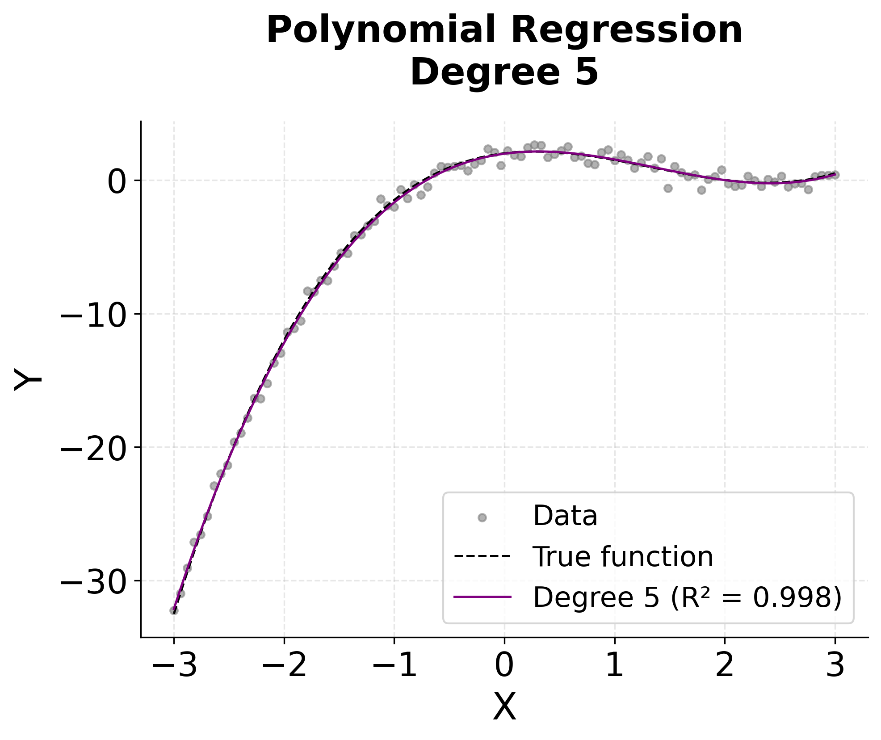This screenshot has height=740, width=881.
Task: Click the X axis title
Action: [504, 707]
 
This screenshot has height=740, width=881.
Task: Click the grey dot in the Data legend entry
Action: [482, 517]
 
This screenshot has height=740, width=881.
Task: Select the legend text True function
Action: [623, 557]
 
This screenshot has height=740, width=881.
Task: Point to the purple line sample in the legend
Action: [482, 597]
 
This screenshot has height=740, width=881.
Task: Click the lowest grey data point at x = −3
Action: [174, 610]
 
